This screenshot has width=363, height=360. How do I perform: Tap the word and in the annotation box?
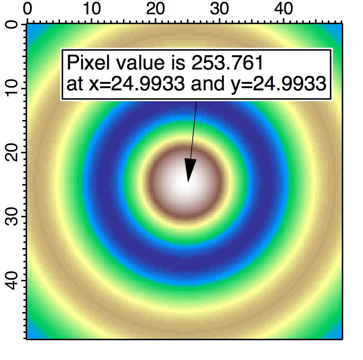click(x=205, y=85)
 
